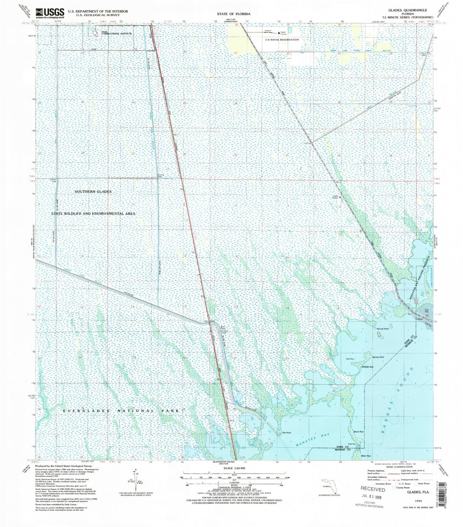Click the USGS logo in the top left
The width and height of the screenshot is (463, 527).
(50, 13)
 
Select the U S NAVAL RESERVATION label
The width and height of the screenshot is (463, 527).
(282, 40)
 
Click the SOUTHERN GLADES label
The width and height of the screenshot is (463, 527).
(93, 191)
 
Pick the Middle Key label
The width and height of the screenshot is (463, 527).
(368, 367)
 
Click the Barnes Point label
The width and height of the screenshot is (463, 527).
(378, 357)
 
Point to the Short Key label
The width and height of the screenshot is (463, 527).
(359, 432)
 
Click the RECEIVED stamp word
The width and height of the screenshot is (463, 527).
(373, 490)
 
